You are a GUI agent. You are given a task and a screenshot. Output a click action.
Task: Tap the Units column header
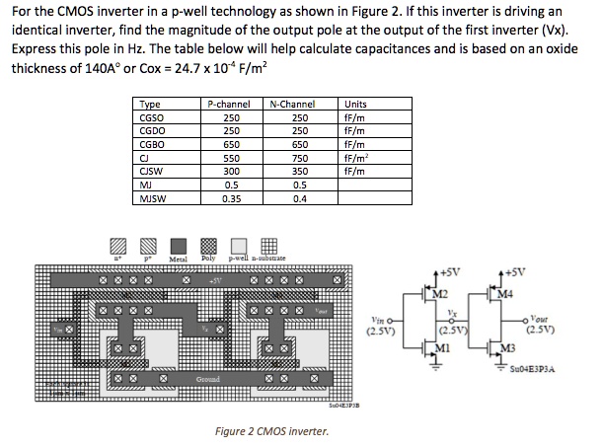pos(355,104)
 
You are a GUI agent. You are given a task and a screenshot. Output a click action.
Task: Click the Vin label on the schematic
pos(380,319)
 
